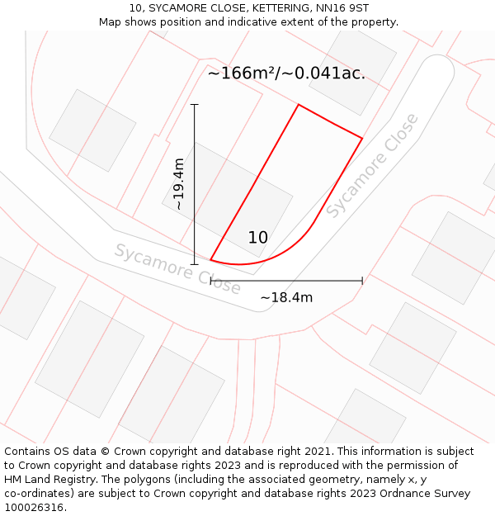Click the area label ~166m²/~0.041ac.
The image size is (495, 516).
285,73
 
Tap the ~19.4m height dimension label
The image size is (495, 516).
178,184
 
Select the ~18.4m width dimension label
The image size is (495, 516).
286,297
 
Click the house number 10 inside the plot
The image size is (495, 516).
257,238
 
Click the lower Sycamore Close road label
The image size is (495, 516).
177,269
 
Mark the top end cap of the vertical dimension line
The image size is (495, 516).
195,105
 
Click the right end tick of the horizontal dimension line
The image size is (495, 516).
362,281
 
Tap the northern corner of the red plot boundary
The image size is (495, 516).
299,105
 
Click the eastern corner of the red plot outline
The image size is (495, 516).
362,138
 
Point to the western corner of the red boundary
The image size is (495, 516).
211,260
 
